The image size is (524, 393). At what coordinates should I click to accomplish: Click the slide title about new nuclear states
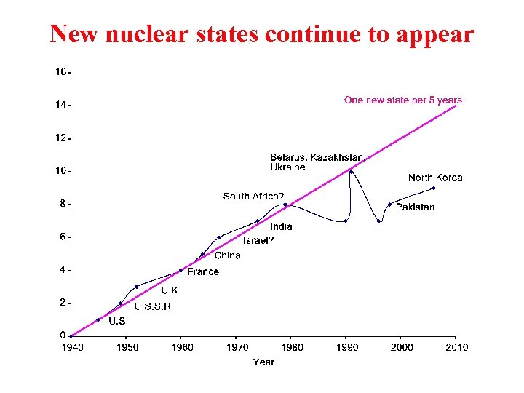(x=262, y=33)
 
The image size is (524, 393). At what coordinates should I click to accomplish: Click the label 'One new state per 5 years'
(x=402, y=100)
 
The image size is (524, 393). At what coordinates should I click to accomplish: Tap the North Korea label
(x=435, y=178)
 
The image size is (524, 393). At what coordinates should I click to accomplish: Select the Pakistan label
(x=415, y=207)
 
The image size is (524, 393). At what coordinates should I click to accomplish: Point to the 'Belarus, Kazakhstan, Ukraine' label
(x=317, y=162)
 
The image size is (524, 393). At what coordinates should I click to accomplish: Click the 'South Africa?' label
(x=253, y=196)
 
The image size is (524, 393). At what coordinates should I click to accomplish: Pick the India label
(x=281, y=226)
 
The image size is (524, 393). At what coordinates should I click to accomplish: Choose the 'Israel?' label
(x=258, y=240)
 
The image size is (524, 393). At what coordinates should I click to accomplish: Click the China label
(x=227, y=255)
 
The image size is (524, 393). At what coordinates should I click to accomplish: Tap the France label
(x=203, y=271)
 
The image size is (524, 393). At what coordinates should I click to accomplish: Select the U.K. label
(x=171, y=290)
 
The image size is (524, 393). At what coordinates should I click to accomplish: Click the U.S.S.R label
(x=153, y=306)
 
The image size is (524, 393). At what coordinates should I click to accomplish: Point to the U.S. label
(x=118, y=321)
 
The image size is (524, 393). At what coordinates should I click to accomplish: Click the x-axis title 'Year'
(x=263, y=362)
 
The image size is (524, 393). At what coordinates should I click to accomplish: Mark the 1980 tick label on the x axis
(x=292, y=347)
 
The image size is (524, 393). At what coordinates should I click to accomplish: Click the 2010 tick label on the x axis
(x=456, y=347)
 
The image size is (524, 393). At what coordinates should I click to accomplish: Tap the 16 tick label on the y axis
(x=61, y=72)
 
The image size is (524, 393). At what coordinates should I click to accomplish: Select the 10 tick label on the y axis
(x=61, y=171)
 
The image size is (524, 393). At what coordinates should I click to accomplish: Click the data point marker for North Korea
(x=434, y=188)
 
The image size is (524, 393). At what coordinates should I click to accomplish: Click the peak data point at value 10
(x=351, y=172)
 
